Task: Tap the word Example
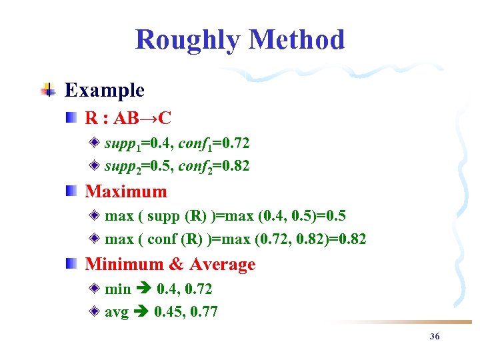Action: pyautogui.click(x=104, y=90)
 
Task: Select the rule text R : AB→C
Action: pyautogui.click(x=128, y=119)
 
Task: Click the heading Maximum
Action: pyautogui.click(x=126, y=191)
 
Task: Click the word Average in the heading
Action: pyautogui.click(x=222, y=265)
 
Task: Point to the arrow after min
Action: pyautogui.click(x=144, y=289)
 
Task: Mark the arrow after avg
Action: pyautogui.click(x=141, y=312)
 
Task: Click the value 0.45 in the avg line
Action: pyautogui.click(x=167, y=312)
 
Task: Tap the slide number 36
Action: pyautogui.click(x=435, y=337)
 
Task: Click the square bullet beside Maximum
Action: pyautogui.click(x=71, y=191)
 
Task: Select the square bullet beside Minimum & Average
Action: pyautogui.click(x=71, y=264)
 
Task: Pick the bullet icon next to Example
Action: pyautogui.click(x=47, y=90)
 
